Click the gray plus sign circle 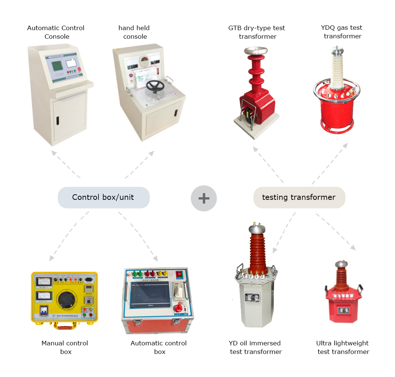[204, 198]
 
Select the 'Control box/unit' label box [103, 197]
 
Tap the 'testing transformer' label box [299, 197]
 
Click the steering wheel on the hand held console [155, 86]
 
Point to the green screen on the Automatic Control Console [57, 66]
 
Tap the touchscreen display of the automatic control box [148, 294]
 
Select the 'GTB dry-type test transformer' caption [257, 32]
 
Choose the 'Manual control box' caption [65, 347]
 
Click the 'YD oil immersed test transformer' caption [255, 347]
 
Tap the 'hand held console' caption [135, 32]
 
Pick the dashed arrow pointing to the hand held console [140, 164]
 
